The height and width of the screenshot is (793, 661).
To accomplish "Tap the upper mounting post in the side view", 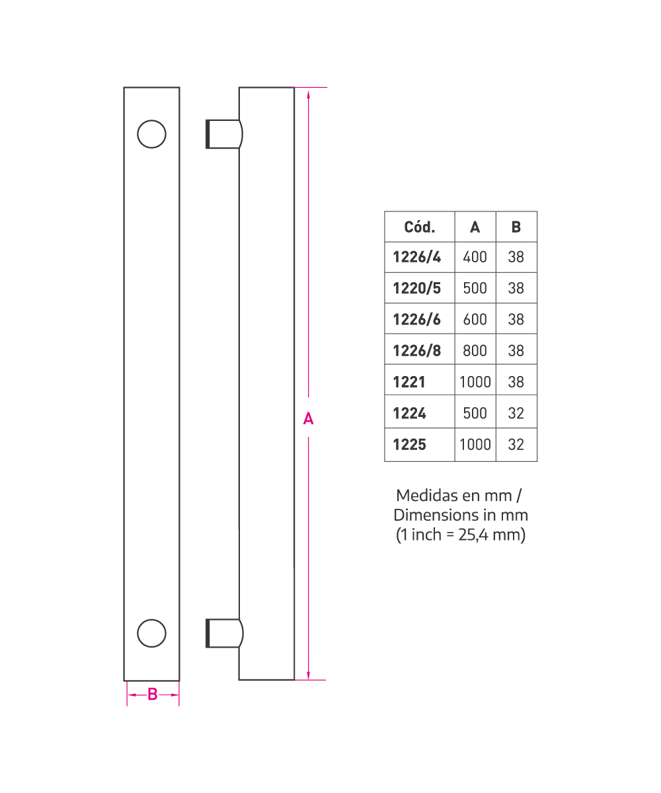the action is (224, 134).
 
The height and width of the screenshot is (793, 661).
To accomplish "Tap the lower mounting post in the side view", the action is (224, 633).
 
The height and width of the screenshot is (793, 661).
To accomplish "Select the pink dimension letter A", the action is (308, 419).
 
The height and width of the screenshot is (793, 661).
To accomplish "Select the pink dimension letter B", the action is (152, 695).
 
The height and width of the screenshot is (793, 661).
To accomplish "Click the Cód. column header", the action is (419, 227).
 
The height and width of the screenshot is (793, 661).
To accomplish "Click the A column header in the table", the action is (475, 227).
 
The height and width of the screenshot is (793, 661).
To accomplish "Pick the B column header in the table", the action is (516, 227).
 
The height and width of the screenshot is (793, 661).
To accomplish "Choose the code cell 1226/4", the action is (416, 257).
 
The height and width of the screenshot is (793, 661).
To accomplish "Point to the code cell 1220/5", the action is (416, 288).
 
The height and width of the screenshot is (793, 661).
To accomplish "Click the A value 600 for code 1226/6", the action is (475, 319).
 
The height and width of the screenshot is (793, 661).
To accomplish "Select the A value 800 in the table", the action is (475, 350).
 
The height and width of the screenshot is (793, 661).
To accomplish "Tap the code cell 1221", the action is (409, 382).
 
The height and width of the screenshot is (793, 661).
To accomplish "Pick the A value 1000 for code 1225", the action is (475, 444).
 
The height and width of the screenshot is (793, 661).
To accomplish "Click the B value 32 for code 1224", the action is (516, 413).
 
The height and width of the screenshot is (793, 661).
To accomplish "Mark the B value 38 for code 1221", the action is (516, 382).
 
